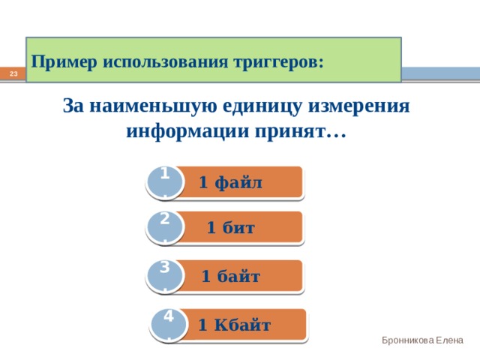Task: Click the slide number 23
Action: pos(13,73)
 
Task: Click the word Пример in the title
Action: pos(64,63)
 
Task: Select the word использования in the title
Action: pos(165,62)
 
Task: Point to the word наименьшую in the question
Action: pos(153,106)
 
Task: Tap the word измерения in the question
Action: pos(358,106)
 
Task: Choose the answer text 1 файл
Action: pos(230,183)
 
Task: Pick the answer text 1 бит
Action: pos(230,228)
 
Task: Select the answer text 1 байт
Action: pos(230,276)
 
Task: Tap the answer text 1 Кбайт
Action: pos(234,325)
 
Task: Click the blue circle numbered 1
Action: pos(165,183)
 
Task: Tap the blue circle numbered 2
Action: pos(165,228)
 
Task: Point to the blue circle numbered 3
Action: pos(165,277)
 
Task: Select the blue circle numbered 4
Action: pos(169,325)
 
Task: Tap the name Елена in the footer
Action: pos(449,340)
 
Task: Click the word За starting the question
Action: pos(73,106)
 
